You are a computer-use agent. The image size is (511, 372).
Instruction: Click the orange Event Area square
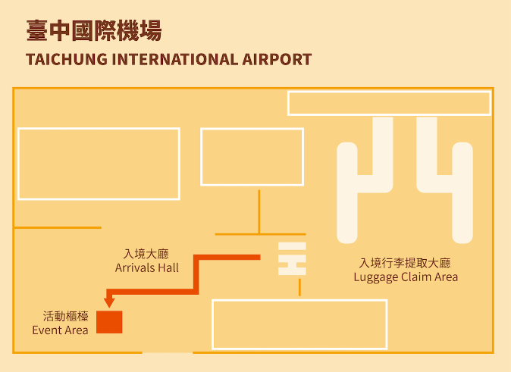109,321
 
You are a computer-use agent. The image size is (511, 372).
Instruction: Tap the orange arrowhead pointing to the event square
109,302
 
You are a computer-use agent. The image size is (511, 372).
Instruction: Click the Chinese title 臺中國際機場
93,32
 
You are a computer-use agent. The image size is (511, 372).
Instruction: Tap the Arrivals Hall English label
147,267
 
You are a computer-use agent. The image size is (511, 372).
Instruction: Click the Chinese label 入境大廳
147,254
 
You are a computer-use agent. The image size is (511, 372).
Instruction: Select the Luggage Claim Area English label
406,277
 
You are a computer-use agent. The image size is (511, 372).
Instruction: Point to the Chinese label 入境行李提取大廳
406,263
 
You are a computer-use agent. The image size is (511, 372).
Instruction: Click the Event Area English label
60,330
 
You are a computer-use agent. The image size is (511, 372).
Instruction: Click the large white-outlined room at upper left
99,163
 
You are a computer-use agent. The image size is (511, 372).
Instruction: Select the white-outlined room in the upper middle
252,157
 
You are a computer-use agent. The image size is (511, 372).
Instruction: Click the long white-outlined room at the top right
389,103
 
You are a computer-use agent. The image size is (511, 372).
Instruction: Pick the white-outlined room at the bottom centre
299,324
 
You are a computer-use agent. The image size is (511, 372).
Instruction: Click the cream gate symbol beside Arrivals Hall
292,259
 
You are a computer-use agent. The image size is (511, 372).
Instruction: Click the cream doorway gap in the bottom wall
167,353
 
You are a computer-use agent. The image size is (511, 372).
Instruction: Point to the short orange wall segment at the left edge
58,227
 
